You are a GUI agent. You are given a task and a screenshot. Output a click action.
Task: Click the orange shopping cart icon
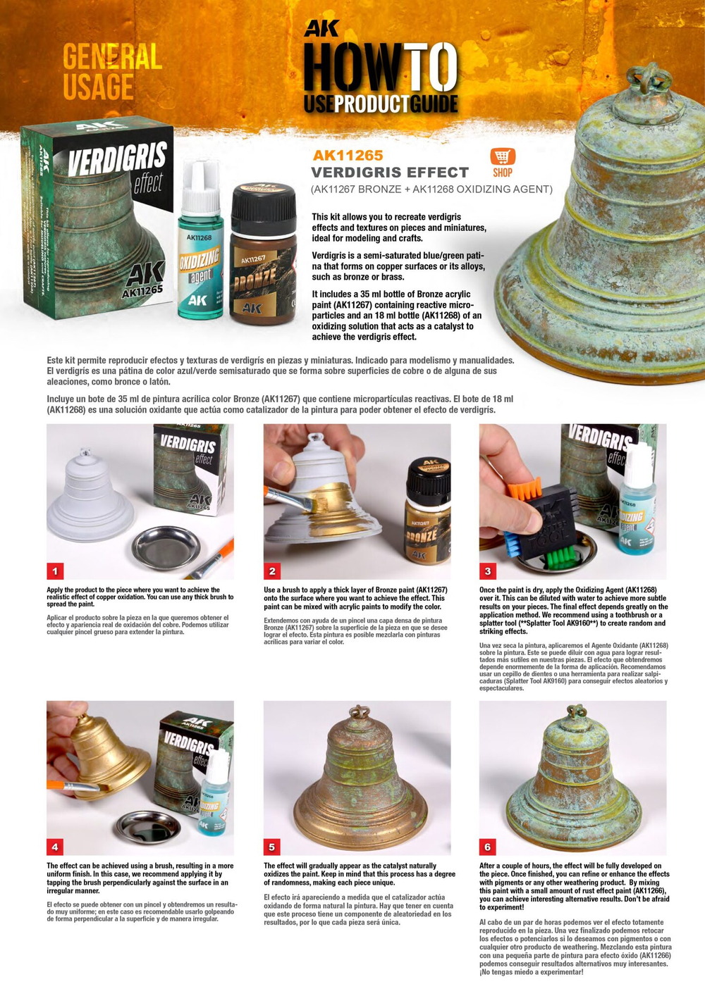point(503,156)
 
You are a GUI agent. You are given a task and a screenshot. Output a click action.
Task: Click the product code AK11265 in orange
point(348,156)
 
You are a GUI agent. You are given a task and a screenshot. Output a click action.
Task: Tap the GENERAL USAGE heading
point(111,72)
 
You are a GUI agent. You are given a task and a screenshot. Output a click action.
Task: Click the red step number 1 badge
point(56,571)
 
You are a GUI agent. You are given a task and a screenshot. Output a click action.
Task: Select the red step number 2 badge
point(272,571)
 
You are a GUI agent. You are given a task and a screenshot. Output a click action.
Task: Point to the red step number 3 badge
point(488,571)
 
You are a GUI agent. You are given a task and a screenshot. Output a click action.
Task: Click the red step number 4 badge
point(56,846)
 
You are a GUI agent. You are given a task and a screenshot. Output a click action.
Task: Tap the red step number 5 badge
point(272,846)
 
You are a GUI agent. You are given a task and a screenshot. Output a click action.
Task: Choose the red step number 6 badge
point(488,846)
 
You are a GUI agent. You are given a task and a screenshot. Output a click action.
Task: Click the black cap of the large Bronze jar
point(264,203)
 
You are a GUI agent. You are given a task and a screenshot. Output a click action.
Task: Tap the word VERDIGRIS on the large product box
point(117,158)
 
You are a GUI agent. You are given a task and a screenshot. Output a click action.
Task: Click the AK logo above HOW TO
point(321,29)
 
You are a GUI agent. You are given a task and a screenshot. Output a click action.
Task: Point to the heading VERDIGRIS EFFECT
point(390,173)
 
